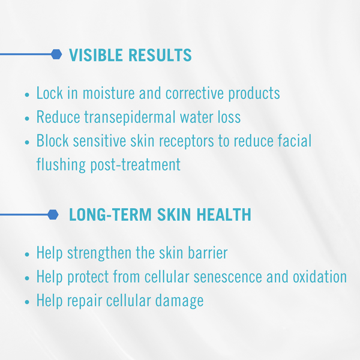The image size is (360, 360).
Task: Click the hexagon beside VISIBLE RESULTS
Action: click(x=56, y=55)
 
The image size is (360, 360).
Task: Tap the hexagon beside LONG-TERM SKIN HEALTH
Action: click(x=53, y=214)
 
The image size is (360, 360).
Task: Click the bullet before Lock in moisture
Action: click(x=27, y=95)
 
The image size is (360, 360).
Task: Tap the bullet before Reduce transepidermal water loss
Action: click(x=27, y=118)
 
